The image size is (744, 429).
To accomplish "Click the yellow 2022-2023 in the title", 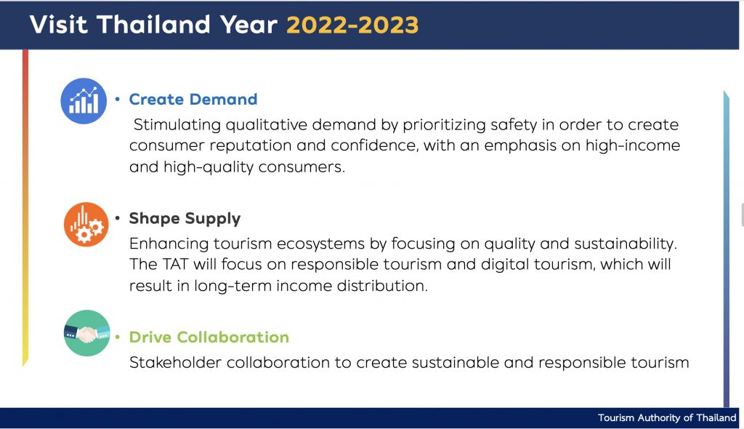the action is tap(352, 25).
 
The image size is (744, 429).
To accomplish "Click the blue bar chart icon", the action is tap(84, 101).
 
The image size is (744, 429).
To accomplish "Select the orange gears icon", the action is tap(86, 224).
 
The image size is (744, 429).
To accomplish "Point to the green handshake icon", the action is tap(87, 333).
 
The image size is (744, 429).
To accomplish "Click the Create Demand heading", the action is tap(193, 100).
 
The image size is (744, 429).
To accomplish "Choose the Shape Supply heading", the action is tap(185, 219).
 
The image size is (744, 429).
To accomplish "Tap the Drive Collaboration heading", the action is tap(209, 337).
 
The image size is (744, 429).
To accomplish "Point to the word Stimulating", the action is tap(177, 125).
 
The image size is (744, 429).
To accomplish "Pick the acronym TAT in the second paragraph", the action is tap(175, 264).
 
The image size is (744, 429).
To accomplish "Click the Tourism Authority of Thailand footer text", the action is tap(667, 417).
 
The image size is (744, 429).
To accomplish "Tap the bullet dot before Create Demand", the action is tap(117, 100).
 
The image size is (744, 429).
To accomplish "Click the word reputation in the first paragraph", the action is tap(250, 146).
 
